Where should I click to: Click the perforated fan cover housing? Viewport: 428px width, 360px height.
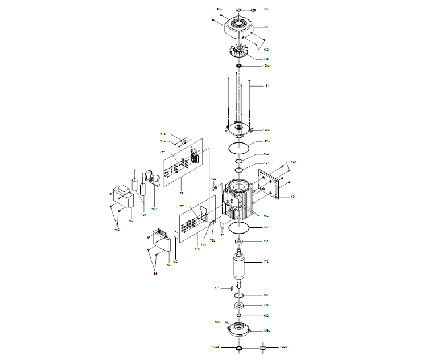[238, 27]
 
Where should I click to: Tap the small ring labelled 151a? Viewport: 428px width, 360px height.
[238, 10]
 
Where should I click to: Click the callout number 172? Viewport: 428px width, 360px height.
[265, 261]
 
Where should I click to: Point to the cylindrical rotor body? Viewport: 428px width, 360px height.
[239, 267]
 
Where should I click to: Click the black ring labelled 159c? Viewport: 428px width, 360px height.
[238, 347]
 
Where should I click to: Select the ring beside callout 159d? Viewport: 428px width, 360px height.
[263, 347]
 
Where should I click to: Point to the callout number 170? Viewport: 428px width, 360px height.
[222, 235]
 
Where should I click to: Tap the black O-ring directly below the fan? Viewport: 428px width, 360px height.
[239, 66]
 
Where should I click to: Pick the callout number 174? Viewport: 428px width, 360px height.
[162, 134]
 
